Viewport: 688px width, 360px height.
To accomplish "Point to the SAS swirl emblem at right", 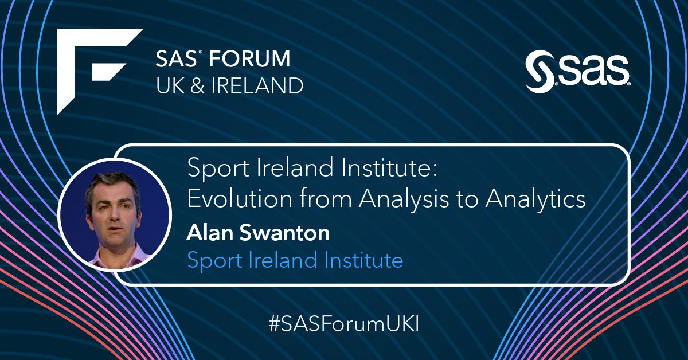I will (x=540, y=72).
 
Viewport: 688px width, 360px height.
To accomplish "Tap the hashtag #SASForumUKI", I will (x=344, y=323).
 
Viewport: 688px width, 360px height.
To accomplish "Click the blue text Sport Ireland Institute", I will (x=295, y=260).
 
